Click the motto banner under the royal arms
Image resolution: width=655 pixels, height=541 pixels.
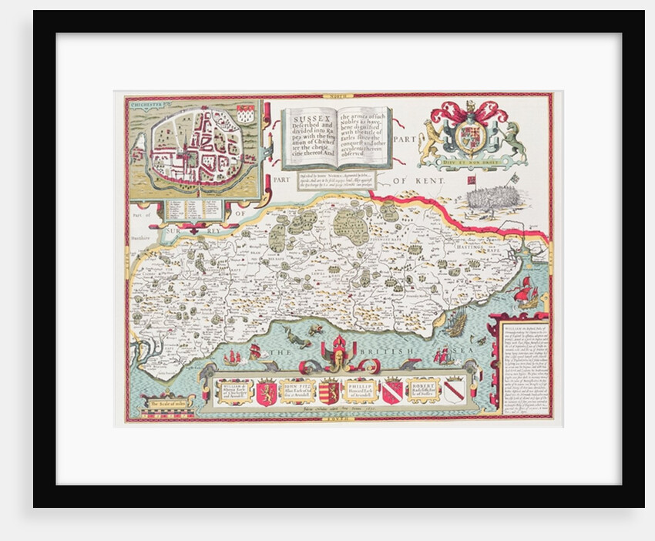click(472, 162)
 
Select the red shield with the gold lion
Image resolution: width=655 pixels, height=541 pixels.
click(267, 390)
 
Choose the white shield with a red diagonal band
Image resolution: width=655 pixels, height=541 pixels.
click(454, 390)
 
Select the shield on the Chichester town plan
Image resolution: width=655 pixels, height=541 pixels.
click(245, 114)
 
